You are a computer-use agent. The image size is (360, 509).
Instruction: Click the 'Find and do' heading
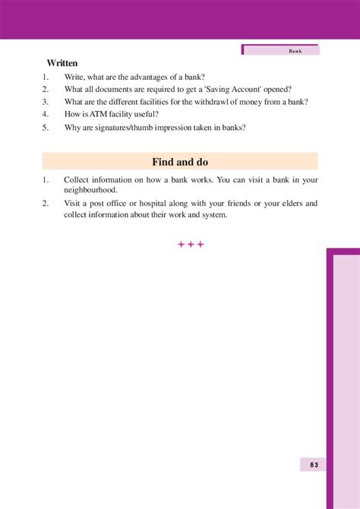click(x=180, y=162)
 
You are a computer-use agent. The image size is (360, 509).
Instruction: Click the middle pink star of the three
click(x=191, y=244)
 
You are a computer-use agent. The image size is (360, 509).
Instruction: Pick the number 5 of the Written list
click(x=46, y=127)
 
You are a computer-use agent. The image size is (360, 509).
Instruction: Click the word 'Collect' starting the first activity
click(x=78, y=180)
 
